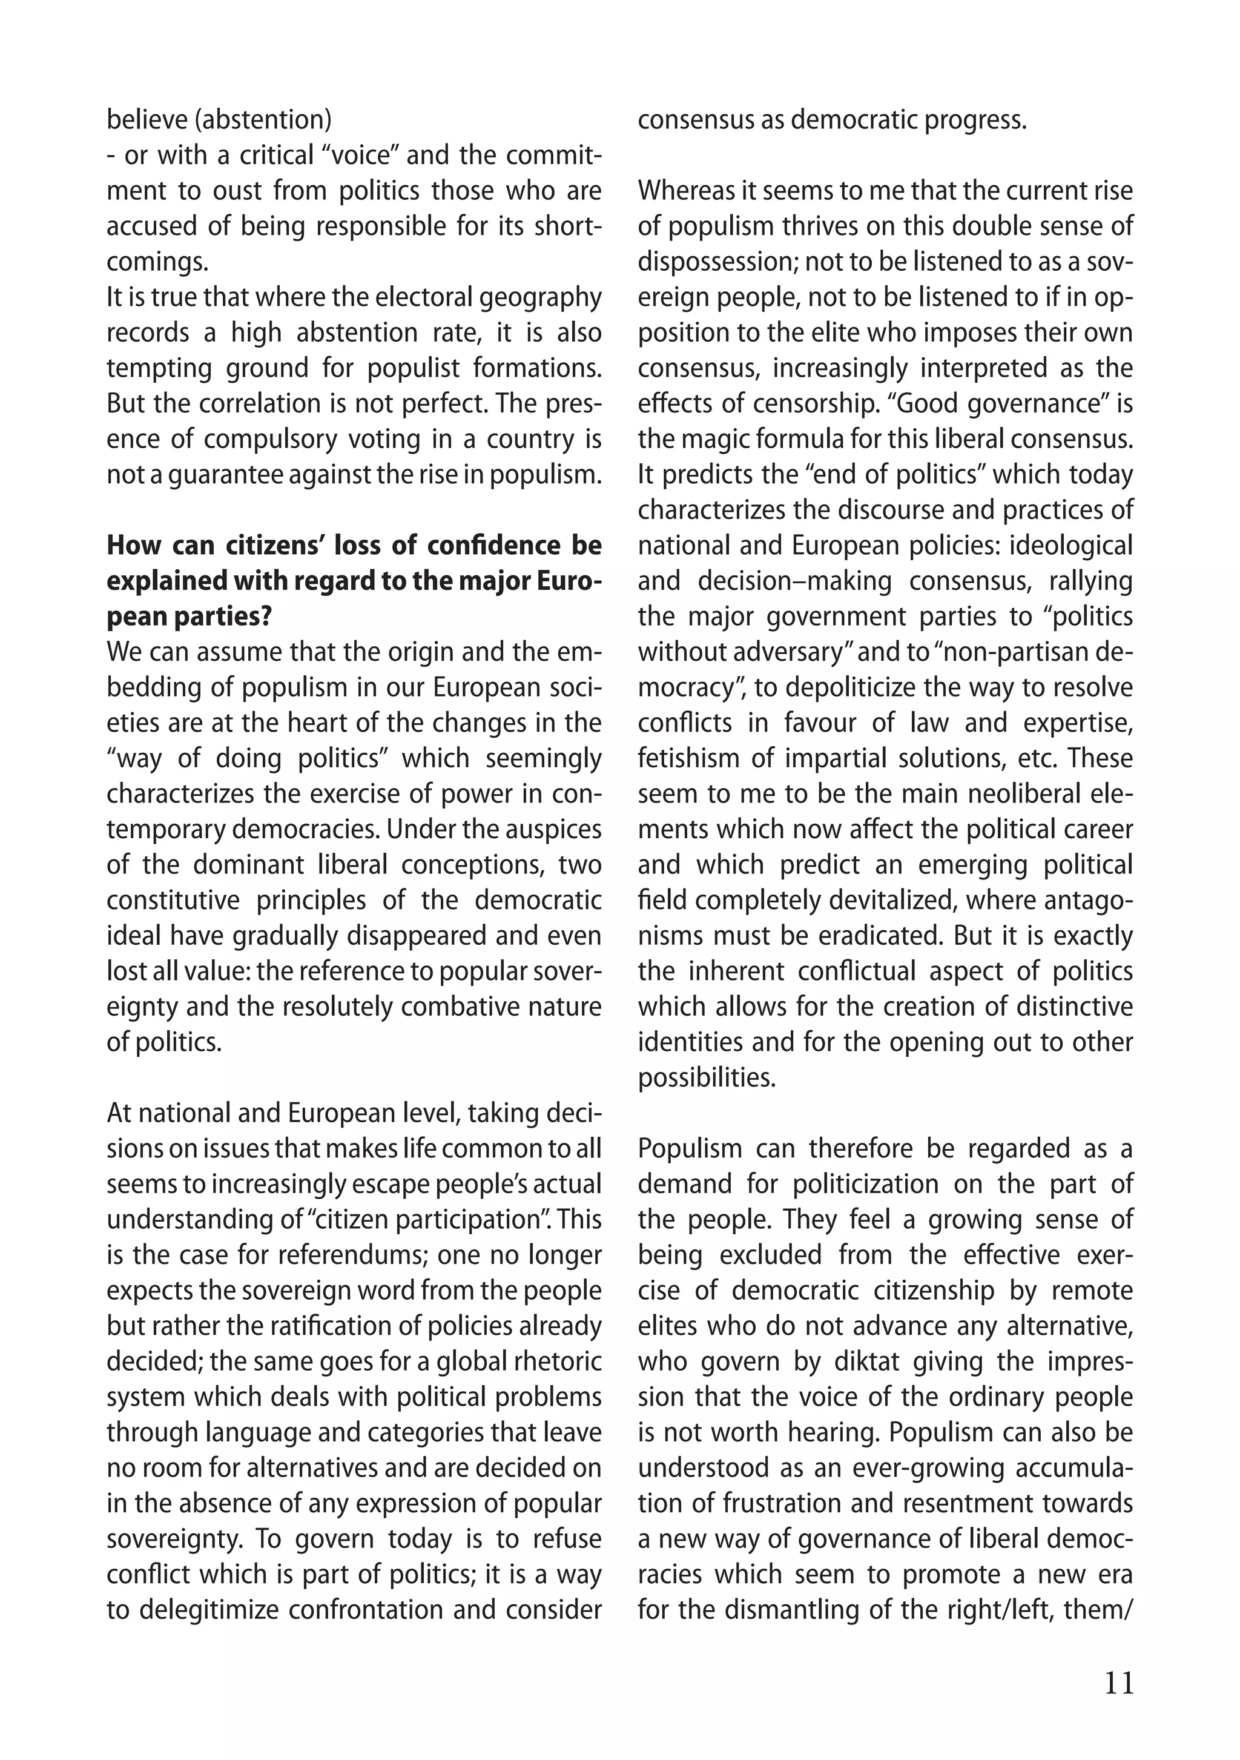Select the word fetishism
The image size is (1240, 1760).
689,758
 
